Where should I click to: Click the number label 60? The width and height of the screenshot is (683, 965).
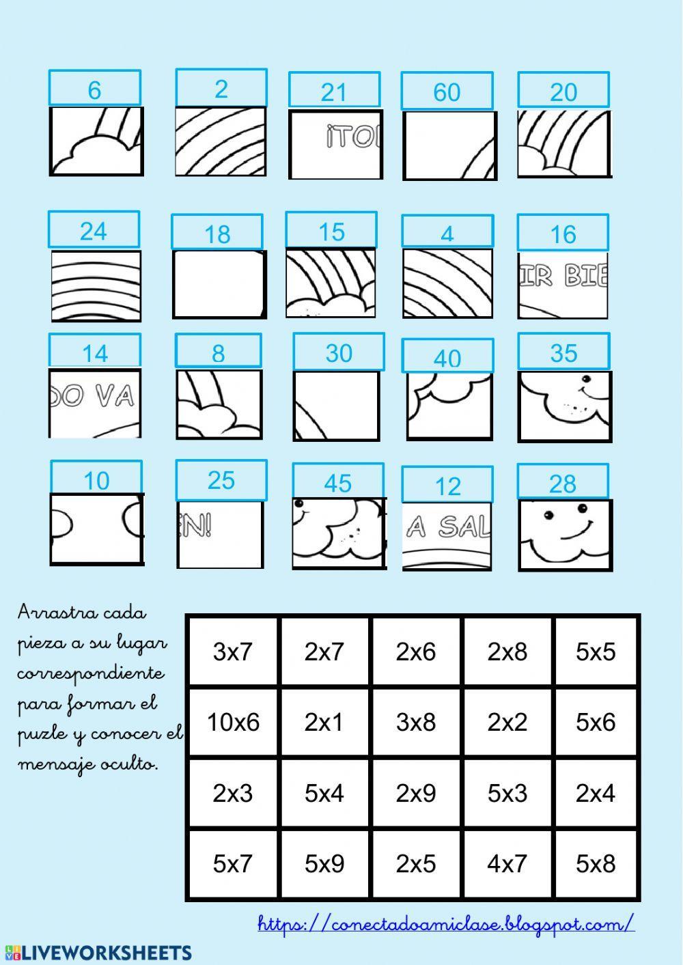(447, 92)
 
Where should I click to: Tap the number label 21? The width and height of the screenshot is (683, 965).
(334, 91)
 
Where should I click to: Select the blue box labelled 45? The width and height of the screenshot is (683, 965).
(338, 483)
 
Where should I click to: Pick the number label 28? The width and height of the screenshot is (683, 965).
(563, 484)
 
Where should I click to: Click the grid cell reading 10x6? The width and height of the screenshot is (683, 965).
(233, 722)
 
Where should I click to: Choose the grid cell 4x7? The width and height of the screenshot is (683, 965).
(507, 863)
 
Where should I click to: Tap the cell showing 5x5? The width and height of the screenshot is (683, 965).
(596, 652)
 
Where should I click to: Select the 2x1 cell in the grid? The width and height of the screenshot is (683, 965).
(324, 722)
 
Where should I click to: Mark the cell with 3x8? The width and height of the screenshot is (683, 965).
(416, 722)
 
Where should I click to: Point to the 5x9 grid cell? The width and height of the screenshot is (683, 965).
(324, 863)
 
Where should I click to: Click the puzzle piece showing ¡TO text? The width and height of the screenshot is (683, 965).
(335, 145)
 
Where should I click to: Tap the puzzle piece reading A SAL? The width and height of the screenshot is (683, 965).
(447, 536)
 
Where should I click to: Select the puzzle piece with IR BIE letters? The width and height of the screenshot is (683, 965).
(563, 284)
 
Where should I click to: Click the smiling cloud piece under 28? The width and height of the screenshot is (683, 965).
(565, 534)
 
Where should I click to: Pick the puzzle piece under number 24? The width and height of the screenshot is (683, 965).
(96, 285)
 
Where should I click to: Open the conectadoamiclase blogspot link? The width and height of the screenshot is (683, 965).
(446, 924)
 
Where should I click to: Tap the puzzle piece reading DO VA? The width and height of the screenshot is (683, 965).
(95, 403)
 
